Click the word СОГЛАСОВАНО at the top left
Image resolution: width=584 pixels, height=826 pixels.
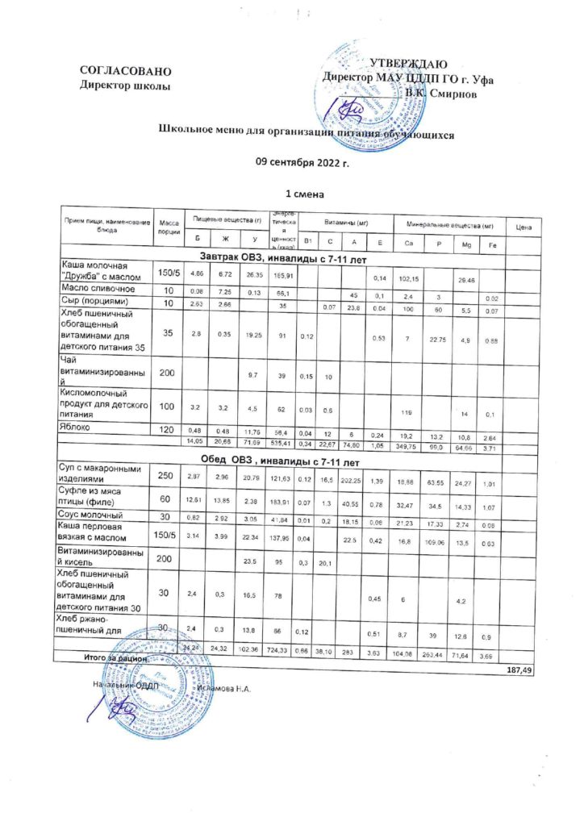click(x=125, y=72)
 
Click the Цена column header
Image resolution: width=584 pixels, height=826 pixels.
click(x=521, y=226)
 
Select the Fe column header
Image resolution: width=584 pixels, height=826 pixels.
click(x=491, y=244)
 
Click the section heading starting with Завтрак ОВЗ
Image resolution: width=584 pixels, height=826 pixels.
click(x=286, y=257)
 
